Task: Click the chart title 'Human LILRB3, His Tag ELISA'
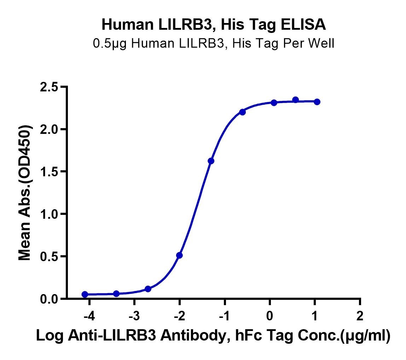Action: click(x=214, y=25)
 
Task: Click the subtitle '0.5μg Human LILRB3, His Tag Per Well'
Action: click(x=214, y=43)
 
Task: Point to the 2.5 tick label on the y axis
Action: click(x=49, y=87)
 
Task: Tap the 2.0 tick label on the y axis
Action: click(x=49, y=129)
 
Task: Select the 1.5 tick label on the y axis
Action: click(x=49, y=172)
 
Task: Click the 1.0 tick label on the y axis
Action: click(x=49, y=214)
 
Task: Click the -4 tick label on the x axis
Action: click(x=89, y=316)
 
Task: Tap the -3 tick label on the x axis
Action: click(x=134, y=316)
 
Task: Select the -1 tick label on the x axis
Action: click(x=224, y=316)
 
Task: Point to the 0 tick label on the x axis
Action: click(x=269, y=316)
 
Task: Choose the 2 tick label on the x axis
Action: click(x=360, y=316)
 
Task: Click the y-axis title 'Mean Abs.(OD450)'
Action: click(x=25, y=193)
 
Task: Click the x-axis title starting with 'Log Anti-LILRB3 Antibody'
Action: click(x=213, y=336)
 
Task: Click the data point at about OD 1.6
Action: click(x=211, y=161)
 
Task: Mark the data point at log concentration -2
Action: click(x=179, y=255)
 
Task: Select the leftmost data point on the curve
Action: click(x=85, y=294)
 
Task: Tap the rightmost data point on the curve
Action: click(x=317, y=102)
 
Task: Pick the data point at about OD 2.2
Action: click(x=242, y=112)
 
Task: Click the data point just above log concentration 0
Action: click(x=274, y=103)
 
